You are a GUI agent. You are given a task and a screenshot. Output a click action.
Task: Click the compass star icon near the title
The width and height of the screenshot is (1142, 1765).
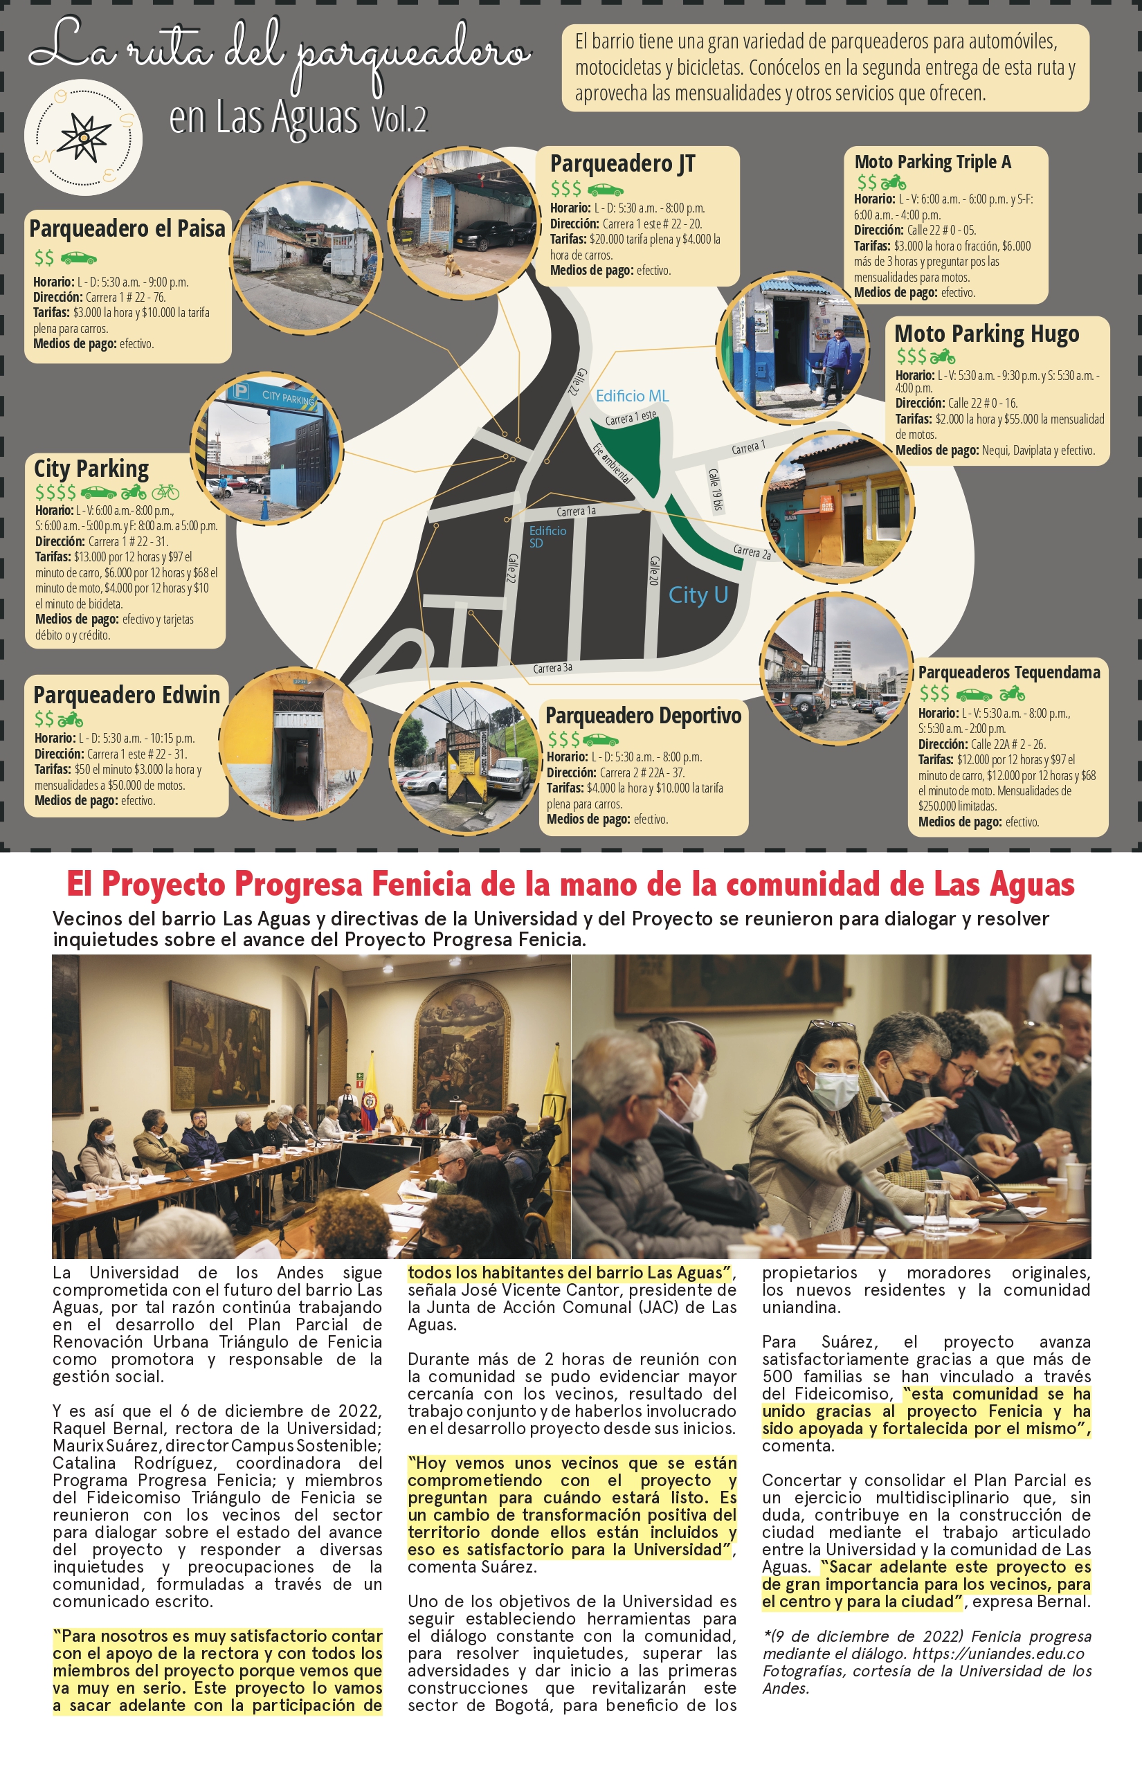84,137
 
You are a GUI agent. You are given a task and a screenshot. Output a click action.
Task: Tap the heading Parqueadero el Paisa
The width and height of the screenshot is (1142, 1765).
127,229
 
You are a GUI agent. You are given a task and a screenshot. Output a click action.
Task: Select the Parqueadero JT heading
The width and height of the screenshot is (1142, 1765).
622,164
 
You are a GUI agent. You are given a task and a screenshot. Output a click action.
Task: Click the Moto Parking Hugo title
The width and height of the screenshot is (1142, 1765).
986,334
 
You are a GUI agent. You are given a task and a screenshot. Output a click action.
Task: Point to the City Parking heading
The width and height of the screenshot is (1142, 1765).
91,469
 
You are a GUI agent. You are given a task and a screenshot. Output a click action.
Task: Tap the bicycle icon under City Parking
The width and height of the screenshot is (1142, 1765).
165,491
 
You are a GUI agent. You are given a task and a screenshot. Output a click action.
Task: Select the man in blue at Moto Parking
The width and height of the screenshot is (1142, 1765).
836,363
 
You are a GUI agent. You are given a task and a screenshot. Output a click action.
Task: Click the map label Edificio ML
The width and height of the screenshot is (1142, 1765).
632,396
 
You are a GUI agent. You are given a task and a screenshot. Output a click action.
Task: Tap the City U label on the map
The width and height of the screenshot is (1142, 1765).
698,595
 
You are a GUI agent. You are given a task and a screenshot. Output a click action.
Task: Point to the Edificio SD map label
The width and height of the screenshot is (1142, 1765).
547,536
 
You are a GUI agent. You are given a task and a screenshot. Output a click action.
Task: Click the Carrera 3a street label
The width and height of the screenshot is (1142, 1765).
552,668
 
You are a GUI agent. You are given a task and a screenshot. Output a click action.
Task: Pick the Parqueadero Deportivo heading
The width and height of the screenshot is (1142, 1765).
643,716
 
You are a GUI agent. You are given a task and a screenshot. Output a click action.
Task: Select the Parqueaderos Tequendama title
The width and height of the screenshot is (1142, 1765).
1008,673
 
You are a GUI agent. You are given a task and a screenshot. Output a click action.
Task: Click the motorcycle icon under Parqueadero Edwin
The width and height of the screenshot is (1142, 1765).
71,719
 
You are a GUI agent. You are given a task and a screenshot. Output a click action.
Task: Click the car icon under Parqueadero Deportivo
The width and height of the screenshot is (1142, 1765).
601,740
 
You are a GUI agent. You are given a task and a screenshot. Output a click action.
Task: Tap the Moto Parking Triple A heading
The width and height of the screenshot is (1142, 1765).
932,162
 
